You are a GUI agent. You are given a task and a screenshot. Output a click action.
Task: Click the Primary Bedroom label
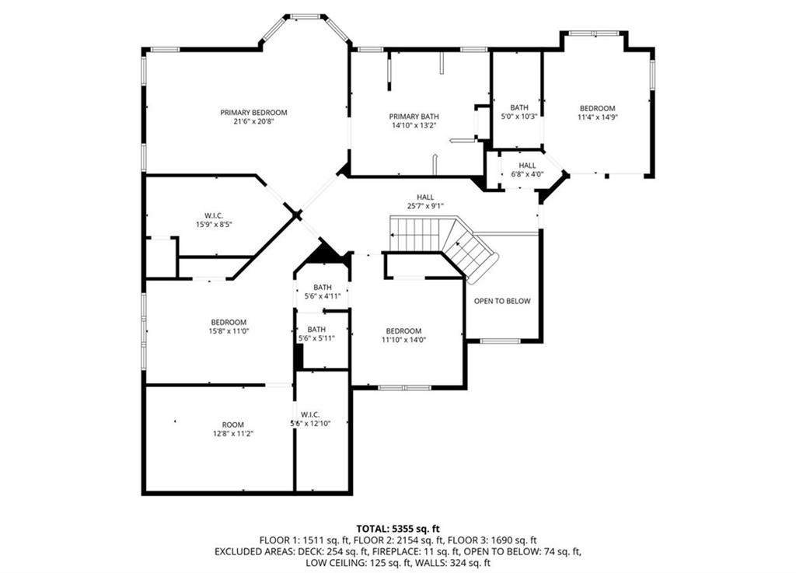(x=253, y=113)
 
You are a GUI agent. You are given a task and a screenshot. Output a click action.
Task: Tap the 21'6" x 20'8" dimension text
(x=253, y=121)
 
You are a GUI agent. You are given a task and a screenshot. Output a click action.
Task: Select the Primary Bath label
(x=414, y=117)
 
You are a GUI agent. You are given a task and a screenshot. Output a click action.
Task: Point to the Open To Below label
(x=502, y=301)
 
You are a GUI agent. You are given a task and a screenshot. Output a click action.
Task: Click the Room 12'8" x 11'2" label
(x=233, y=429)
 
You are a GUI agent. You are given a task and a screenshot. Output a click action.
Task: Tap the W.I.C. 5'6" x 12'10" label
(x=310, y=419)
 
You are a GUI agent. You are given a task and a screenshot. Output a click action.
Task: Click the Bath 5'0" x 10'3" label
(x=519, y=112)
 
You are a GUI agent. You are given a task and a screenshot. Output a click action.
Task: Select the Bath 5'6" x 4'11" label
(x=323, y=292)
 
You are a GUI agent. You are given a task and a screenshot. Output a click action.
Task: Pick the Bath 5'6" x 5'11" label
(x=316, y=334)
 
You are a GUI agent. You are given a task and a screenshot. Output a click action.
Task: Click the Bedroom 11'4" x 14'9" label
(x=598, y=112)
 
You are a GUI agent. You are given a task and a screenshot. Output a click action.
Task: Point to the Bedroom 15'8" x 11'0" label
(x=229, y=327)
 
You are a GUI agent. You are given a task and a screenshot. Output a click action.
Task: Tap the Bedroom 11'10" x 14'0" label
(x=403, y=335)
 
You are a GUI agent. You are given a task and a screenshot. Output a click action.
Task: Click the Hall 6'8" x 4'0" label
(x=527, y=169)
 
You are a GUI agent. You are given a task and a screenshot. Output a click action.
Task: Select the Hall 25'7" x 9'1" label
(x=425, y=201)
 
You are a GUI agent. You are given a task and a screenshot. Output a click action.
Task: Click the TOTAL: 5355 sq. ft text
(x=398, y=529)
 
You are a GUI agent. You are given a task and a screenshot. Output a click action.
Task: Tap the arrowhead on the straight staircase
(x=393, y=235)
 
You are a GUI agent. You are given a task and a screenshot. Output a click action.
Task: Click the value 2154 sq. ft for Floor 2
(x=408, y=540)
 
